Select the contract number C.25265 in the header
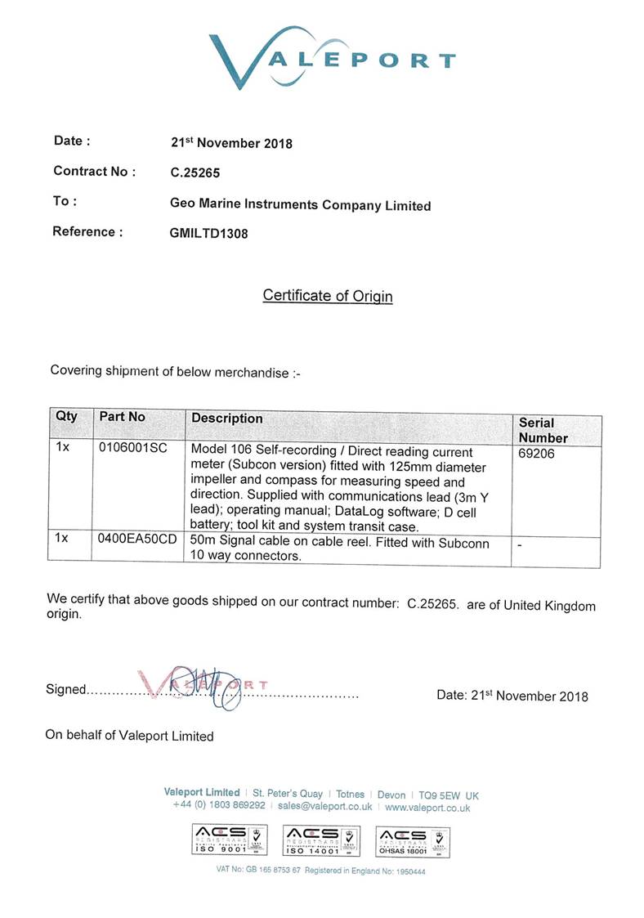[195, 172]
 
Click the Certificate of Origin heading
[328, 295]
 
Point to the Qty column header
[66, 416]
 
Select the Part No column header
[123, 417]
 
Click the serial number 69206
[536, 453]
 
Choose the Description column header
[227, 419]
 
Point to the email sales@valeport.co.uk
[325, 806]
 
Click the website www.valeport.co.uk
[427, 807]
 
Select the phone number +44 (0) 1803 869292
[219, 806]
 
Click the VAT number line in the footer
[321, 871]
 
